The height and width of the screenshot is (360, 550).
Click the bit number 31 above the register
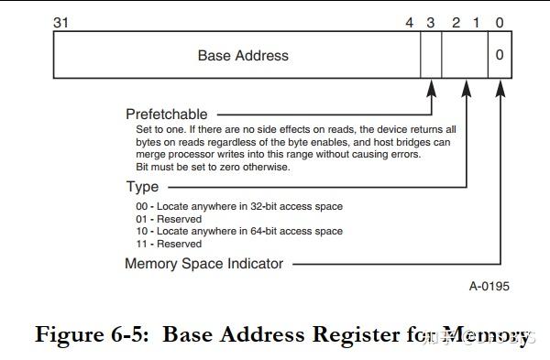click(x=61, y=21)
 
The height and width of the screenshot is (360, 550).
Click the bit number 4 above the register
click(x=410, y=21)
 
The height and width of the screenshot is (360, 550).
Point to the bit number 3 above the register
click(x=430, y=21)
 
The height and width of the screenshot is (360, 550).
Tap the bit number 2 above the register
click(x=456, y=21)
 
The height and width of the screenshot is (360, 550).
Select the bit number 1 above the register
click(x=477, y=21)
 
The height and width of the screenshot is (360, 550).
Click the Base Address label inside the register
click(x=243, y=56)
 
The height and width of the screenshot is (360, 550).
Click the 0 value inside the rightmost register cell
click(x=500, y=56)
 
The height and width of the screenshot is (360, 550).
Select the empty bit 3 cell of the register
click(x=431, y=56)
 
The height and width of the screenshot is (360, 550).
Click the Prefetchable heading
click(x=167, y=115)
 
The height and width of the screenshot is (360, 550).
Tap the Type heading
click(x=142, y=187)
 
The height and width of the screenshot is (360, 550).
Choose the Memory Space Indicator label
click(x=204, y=264)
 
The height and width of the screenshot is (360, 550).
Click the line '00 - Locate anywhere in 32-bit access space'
click(x=239, y=206)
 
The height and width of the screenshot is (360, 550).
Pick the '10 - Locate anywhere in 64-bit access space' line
click(x=239, y=232)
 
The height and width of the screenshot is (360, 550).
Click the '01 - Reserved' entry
click(x=169, y=219)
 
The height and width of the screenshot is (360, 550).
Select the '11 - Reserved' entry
click(x=169, y=245)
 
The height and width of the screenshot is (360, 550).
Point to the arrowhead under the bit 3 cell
click(x=431, y=88)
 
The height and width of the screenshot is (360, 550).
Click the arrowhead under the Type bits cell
click(x=467, y=88)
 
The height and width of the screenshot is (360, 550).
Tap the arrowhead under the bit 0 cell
click(x=500, y=88)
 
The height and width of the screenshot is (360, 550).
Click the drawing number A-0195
click(x=489, y=287)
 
